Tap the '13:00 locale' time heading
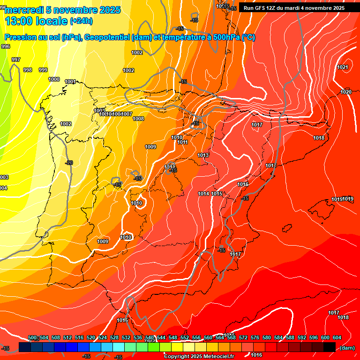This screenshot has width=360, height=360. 37,21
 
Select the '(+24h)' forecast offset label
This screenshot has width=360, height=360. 81,21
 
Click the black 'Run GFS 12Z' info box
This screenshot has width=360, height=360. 294,8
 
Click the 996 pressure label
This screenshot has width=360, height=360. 6,46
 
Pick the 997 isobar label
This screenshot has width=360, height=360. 16,60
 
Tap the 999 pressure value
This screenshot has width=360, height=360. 43,70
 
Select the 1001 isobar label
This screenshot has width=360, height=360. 70,82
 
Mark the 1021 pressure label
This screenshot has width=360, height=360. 343,67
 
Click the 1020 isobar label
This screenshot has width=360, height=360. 346,92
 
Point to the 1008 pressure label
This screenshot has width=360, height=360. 138,119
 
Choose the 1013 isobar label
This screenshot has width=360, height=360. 203,155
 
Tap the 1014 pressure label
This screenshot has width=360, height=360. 203,194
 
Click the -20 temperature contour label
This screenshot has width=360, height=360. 69,163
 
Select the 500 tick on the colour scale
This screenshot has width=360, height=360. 32,338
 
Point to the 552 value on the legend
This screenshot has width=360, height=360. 185,338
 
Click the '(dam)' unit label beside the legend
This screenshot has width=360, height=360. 347,348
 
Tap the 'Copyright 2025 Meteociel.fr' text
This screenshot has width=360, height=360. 199,357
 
